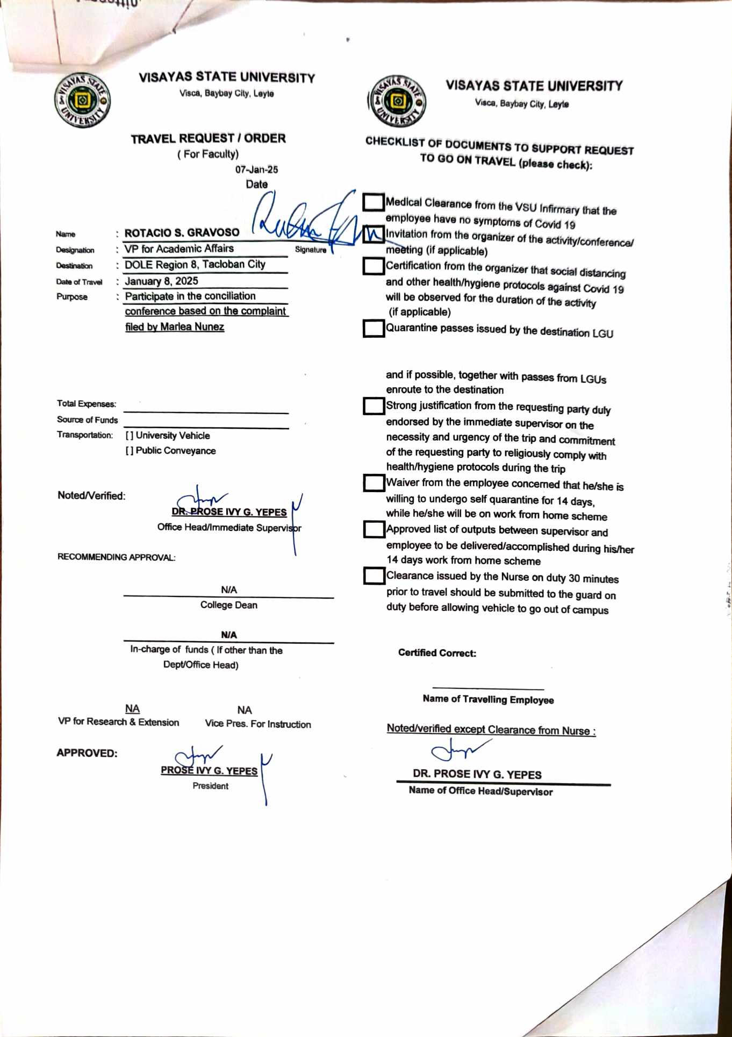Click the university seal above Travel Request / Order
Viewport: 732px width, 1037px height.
coord(82,101)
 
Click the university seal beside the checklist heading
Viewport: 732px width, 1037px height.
coord(398,101)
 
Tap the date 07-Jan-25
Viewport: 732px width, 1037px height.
coord(256,169)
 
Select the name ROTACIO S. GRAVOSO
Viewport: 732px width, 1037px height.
coord(182,233)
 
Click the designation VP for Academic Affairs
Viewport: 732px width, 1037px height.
coord(179,248)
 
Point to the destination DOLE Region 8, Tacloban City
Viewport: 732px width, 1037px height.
coord(195,265)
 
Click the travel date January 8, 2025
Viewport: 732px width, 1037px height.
coord(161,281)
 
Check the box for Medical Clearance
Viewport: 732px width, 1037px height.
coord(373,202)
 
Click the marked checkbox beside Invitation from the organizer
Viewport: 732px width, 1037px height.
coord(373,235)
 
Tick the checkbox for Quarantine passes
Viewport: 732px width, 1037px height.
coord(373,328)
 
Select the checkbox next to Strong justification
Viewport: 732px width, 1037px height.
coord(373,406)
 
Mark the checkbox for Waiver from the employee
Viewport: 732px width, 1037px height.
coord(373,482)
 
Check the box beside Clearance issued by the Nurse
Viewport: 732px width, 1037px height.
coord(373,576)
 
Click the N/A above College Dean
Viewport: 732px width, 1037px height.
coord(228,589)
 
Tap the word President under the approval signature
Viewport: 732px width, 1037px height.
coord(210,786)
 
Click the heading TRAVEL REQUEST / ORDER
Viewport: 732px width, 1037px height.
coord(208,138)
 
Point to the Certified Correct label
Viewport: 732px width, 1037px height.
coord(437,653)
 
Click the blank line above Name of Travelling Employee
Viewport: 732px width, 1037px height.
coord(488,688)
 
